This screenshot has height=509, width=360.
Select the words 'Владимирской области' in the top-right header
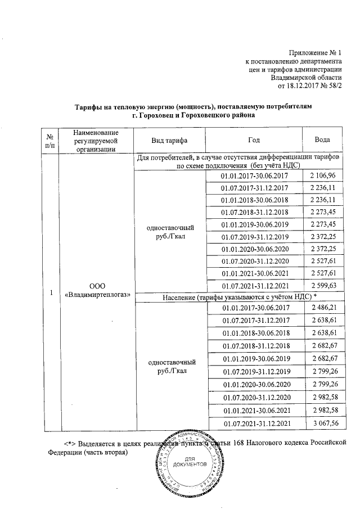[305, 77]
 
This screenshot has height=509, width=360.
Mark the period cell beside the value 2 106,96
[255, 177]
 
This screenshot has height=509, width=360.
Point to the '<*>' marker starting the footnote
[70, 441]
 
